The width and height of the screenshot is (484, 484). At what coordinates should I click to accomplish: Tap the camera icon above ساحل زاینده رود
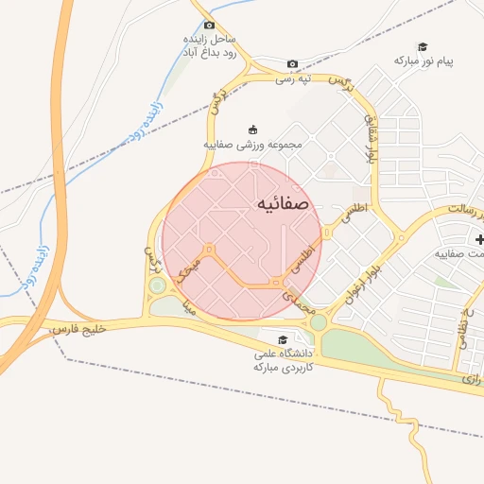(x=209, y=26)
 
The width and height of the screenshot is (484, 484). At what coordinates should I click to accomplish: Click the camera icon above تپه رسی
(x=292, y=64)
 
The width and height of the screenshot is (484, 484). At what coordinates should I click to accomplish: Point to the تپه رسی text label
(x=293, y=79)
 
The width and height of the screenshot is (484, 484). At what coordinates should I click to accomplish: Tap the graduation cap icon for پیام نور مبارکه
(x=423, y=46)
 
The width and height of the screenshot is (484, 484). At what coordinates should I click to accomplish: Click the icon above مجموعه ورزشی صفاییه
(x=251, y=130)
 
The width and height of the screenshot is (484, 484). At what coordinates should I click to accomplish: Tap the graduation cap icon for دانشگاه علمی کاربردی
(x=282, y=340)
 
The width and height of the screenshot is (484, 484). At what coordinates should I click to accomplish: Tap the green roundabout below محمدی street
(x=319, y=322)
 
